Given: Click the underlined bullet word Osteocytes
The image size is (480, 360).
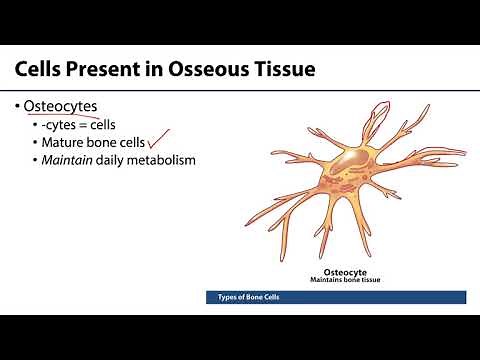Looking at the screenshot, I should (67, 107).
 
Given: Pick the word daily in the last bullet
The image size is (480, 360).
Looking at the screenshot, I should (114, 160).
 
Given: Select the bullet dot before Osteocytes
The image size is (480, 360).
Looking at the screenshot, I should (18, 107).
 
